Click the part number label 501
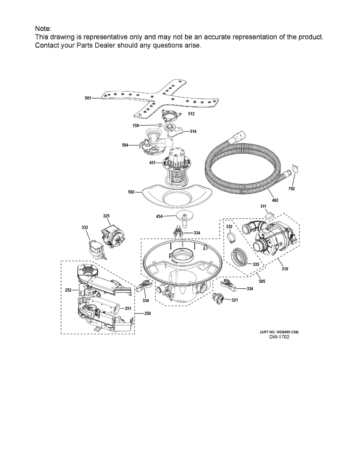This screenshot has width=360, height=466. pyautogui.click(x=88, y=98)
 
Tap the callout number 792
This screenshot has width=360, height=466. pyautogui.click(x=291, y=189)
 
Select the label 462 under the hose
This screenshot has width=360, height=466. pyautogui.click(x=275, y=201)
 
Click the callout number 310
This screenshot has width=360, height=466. pyautogui.click(x=285, y=269)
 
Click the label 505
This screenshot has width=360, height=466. pyautogui.click(x=262, y=281)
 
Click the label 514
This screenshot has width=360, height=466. pyautogui.click(x=193, y=131)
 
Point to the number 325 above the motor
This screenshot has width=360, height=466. pyautogui.click(x=106, y=216)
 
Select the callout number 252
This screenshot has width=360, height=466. pyautogui.click(x=68, y=290)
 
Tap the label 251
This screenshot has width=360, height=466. pyautogui.click(x=128, y=308)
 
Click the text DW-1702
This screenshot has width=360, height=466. pyautogui.click(x=279, y=337)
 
